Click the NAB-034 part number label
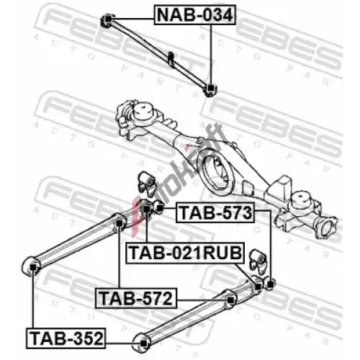point(195,15)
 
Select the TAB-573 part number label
point(215,212)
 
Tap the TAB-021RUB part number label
point(185,253)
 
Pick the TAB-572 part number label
point(136,298)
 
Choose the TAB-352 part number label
point(66,338)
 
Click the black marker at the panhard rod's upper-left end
point(108,19)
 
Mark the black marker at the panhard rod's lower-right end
point(210,89)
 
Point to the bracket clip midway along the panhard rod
point(171,58)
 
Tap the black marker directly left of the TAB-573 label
point(160,209)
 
